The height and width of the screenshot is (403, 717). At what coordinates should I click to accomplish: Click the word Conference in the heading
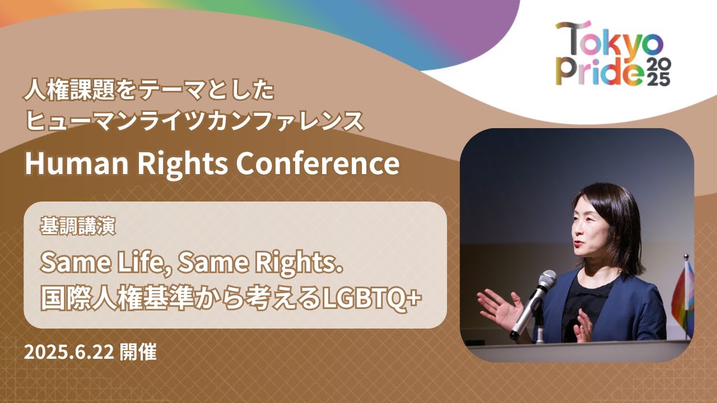[318, 163]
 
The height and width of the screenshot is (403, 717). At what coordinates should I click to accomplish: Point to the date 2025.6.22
[69, 353]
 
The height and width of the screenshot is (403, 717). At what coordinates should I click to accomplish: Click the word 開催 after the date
[138, 353]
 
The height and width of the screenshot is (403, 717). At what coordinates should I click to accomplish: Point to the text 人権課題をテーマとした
[149, 90]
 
